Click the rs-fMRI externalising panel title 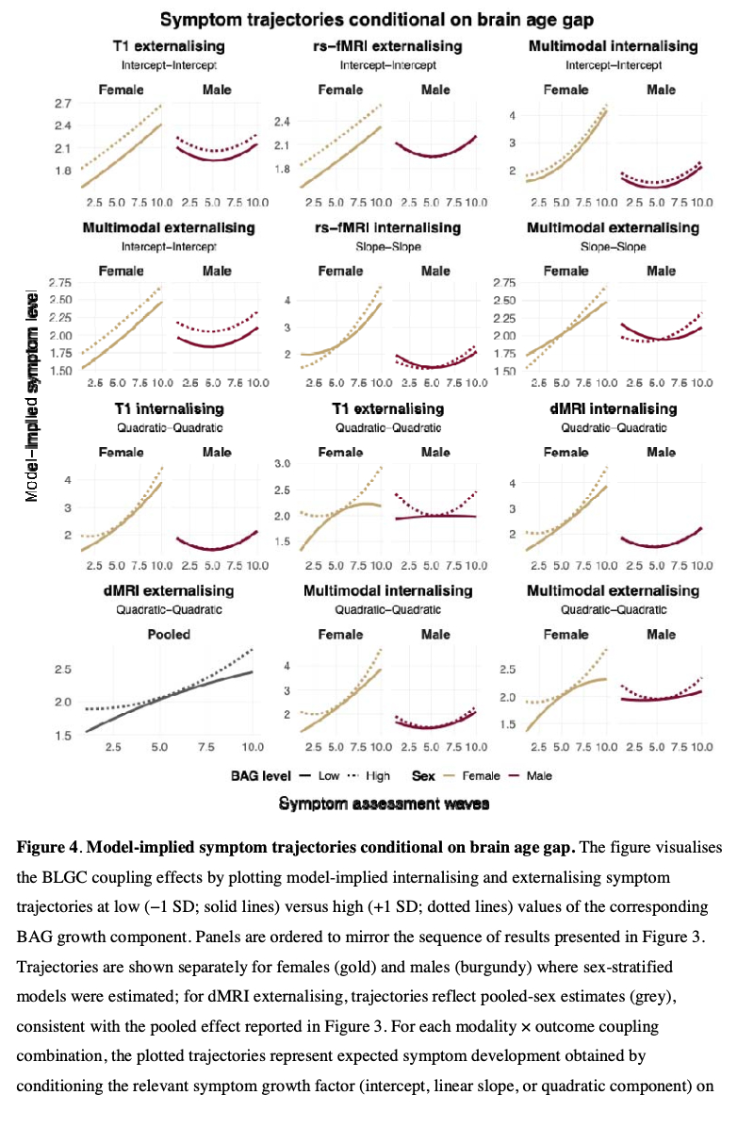(x=387, y=45)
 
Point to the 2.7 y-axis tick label (x=63, y=103)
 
